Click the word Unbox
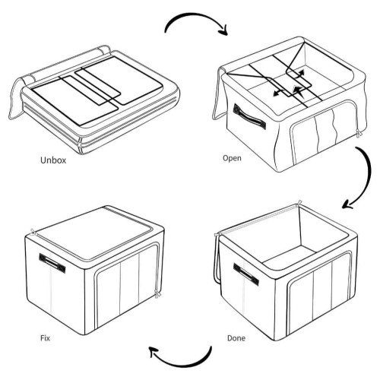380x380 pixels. pyautogui.click(x=53, y=160)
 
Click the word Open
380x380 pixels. pyautogui.click(x=232, y=158)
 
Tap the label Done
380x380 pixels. pyautogui.click(x=236, y=338)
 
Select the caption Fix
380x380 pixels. pyautogui.click(x=45, y=338)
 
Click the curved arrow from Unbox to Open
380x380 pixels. pyautogui.click(x=196, y=16)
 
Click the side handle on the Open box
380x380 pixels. pyautogui.click(x=249, y=117)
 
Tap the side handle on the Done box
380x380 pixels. pyautogui.click(x=246, y=274)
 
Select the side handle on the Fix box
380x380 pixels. pyautogui.click(x=52, y=263)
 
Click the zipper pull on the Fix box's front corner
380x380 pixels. pyautogui.click(x=158, y=295)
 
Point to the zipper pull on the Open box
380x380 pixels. pyautogui.click(x=359, y=133)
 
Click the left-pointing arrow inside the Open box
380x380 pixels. pyautogui.click(x=279, y=93)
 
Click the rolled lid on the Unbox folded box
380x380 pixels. pyautogui.click(x=68, y=62)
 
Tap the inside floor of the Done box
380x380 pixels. pyautogui.click(x=289, y=257)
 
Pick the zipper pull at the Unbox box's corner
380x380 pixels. pyautogui.click(x=81, y=145)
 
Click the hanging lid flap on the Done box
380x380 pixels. pyautogui.click(x=217, y=258)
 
